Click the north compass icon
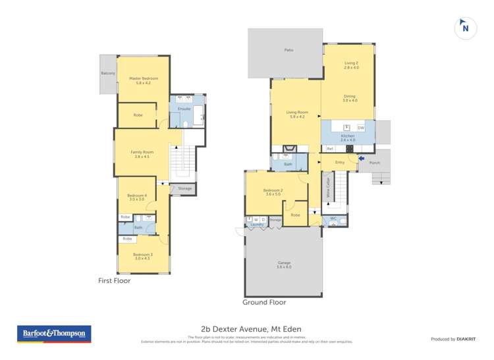point(466,28)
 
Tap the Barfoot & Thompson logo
point(54,334)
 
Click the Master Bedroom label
point(143,81)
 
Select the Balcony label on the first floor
point(108,73)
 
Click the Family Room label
point(142,154)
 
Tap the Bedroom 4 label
point(137,197)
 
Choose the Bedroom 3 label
point(142,256)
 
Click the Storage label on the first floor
point(185,189)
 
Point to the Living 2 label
point(351,64)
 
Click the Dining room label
point(349,98)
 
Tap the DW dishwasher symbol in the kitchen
point(361,128)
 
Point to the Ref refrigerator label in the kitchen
point(329,149)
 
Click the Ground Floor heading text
point(264,303)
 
